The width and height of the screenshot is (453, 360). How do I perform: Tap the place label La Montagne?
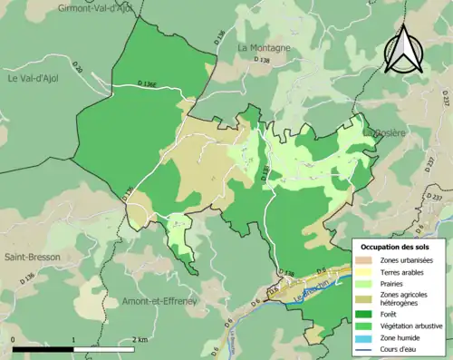point(265,47)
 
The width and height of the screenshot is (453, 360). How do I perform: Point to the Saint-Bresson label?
point(32,257)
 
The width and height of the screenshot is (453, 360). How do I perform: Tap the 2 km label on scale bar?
point(139,339)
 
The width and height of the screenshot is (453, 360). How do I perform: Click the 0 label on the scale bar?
point(14,339)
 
